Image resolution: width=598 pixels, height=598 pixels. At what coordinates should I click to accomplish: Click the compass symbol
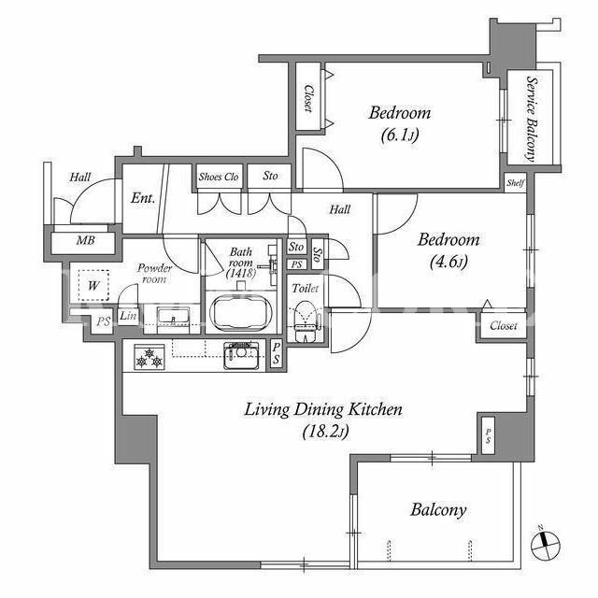[x=546, y=546]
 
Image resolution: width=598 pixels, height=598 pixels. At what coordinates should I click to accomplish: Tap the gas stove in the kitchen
[x=149, y=357]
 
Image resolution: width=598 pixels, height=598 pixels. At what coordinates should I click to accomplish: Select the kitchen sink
[x=241, y=355]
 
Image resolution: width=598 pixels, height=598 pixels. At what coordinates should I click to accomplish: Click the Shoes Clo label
[x=219, y=177]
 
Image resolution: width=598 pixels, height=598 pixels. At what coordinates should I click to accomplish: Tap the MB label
[x=86, y=240]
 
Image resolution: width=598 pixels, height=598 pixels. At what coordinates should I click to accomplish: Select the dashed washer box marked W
[x=93, y=285]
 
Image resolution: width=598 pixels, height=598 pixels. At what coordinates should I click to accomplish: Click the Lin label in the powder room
[x=128, y=316]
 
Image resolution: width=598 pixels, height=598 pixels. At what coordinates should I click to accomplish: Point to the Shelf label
[x=515, y=183]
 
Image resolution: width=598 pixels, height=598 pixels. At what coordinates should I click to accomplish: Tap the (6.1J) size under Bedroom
[x=400, y=135]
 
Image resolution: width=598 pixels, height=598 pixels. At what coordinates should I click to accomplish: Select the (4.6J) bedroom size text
[x=448, y=262]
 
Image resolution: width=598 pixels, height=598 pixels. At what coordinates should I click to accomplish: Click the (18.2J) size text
[x=326, y=432]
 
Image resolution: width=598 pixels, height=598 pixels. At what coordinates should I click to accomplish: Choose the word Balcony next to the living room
[x=438, y=510]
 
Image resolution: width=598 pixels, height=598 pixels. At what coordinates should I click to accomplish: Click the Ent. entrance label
[x=143, y=197]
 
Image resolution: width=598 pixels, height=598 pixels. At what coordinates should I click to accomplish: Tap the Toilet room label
[x=306, y=289]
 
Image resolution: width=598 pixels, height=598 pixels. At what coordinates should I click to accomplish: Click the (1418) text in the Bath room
[x=241, y=273]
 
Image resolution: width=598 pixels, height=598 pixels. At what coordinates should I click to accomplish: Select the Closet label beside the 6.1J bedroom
[x=308, y=98]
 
